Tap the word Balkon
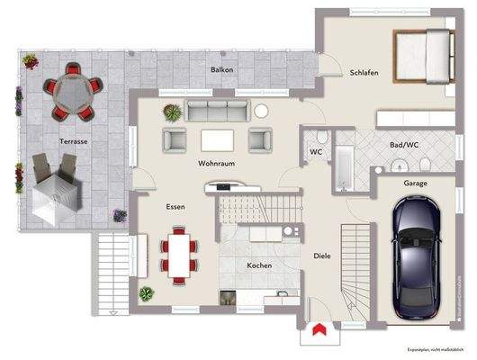click(223, 70)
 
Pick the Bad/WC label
click(405, 144)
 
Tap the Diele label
click(322, 256)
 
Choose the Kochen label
click(260, 266)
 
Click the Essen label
click(176, 207)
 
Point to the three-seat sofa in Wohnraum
click(219, 111)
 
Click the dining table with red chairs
click(177, 256)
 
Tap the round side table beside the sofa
click(262, 112)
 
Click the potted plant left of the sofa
click(170, 112)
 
